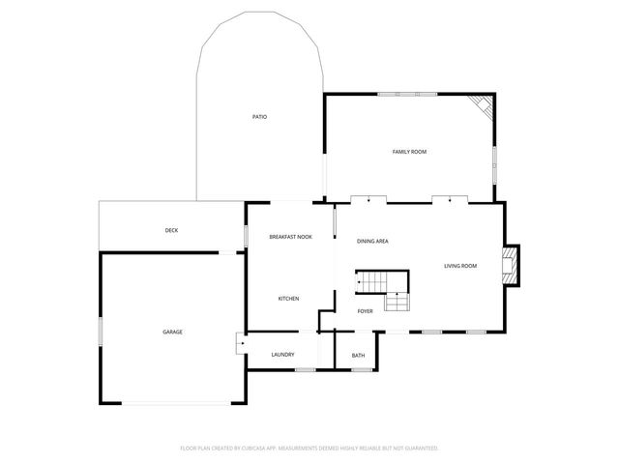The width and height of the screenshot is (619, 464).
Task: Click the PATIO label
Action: (259, 117)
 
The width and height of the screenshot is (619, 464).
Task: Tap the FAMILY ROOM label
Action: (409, 152)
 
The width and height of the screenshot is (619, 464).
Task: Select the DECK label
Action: (171, 230)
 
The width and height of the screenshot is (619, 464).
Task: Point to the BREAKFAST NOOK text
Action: (290, 237)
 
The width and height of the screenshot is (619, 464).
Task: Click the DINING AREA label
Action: (372, 241)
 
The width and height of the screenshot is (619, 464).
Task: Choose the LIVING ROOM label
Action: (460, 266)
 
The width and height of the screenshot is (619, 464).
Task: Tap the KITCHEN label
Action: (288, 299)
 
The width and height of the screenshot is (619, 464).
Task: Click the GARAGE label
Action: (172, 332)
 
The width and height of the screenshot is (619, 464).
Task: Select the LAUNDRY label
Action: (282, 356)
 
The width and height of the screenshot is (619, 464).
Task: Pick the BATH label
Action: (358, 356)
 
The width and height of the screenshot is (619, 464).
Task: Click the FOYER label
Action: (365, 311)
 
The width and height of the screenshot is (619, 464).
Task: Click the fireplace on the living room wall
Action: (510, 265)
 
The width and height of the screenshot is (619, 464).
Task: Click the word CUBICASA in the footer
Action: (255, 449)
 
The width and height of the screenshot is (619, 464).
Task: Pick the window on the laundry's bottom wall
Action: (305, 370)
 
